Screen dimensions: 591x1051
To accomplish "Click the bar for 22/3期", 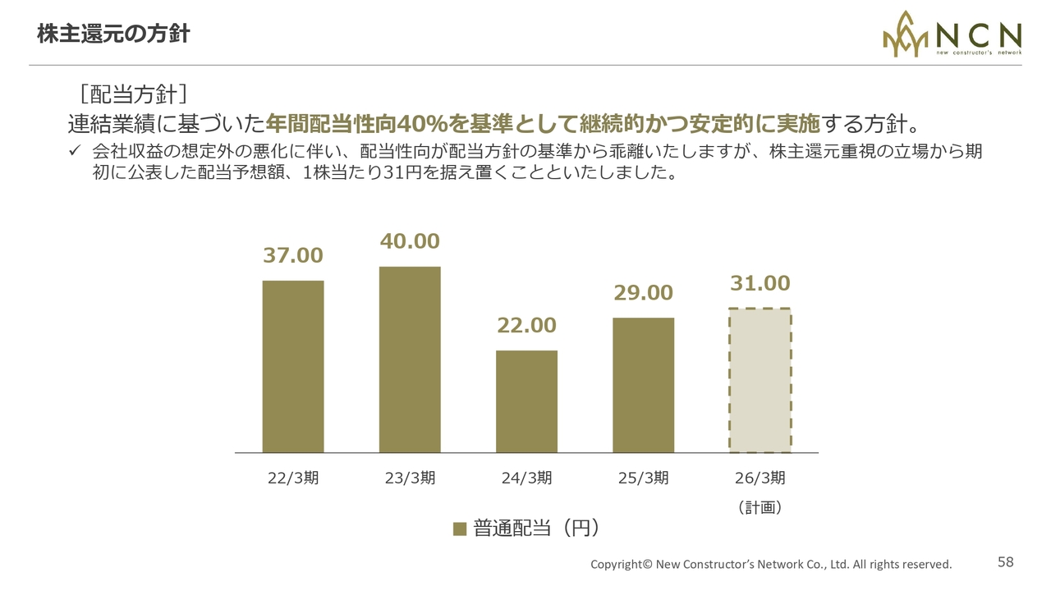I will tap(293, 366).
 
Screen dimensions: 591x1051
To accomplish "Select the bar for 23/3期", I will tap(410, 360).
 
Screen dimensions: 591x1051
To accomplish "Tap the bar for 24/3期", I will tap(526, 401).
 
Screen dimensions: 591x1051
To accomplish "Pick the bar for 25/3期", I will tap(643, 385).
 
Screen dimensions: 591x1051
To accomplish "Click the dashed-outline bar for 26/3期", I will tap(760, 380).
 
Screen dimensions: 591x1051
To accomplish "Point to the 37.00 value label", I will tap(293, 255).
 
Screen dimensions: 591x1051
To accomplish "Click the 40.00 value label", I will tap(410, 241).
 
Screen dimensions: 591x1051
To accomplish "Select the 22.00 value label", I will tap(526, 326).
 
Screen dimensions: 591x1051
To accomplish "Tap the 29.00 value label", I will tap(643, 293).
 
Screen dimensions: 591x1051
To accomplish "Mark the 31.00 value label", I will tap(760, 284).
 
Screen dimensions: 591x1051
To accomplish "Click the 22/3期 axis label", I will tap(293, 478).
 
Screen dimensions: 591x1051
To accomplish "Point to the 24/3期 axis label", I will tap(526, 478).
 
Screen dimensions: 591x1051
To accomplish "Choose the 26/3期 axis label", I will tap(760, 478).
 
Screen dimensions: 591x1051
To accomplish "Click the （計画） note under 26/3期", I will tap(760, 508).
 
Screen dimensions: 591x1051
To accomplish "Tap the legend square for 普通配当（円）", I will tap(460, 529).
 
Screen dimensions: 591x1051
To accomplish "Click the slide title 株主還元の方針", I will tap(113, 34).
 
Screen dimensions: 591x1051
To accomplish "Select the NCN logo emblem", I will tap(906, 35).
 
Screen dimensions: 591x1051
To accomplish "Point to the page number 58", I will tap(1006, 562).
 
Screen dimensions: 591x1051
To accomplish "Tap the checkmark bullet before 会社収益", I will tap(75, 150).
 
